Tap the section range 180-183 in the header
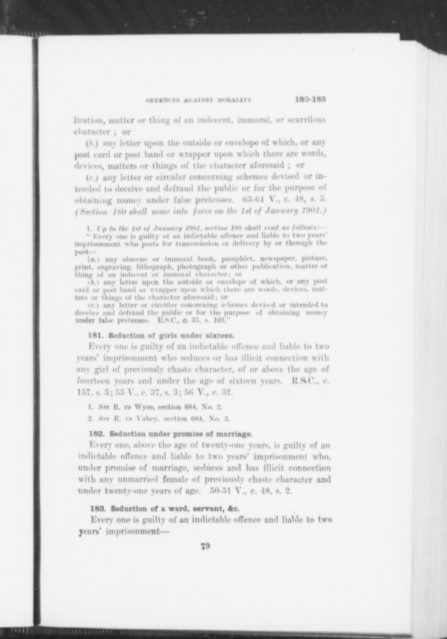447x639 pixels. [x=310, y=99]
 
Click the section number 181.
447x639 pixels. [x=95, y=336]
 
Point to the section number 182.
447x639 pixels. [x=96, y=434]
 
